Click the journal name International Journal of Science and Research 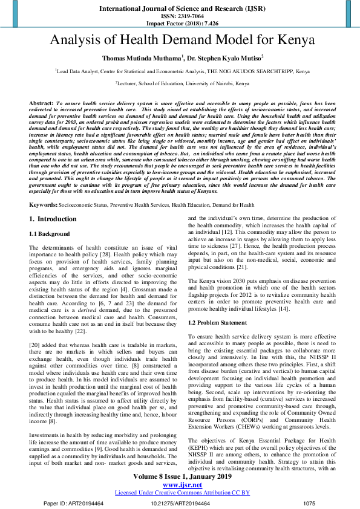pyautogui.click(x=180, y=10)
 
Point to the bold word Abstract pyautogui.click(x=41, y=104)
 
